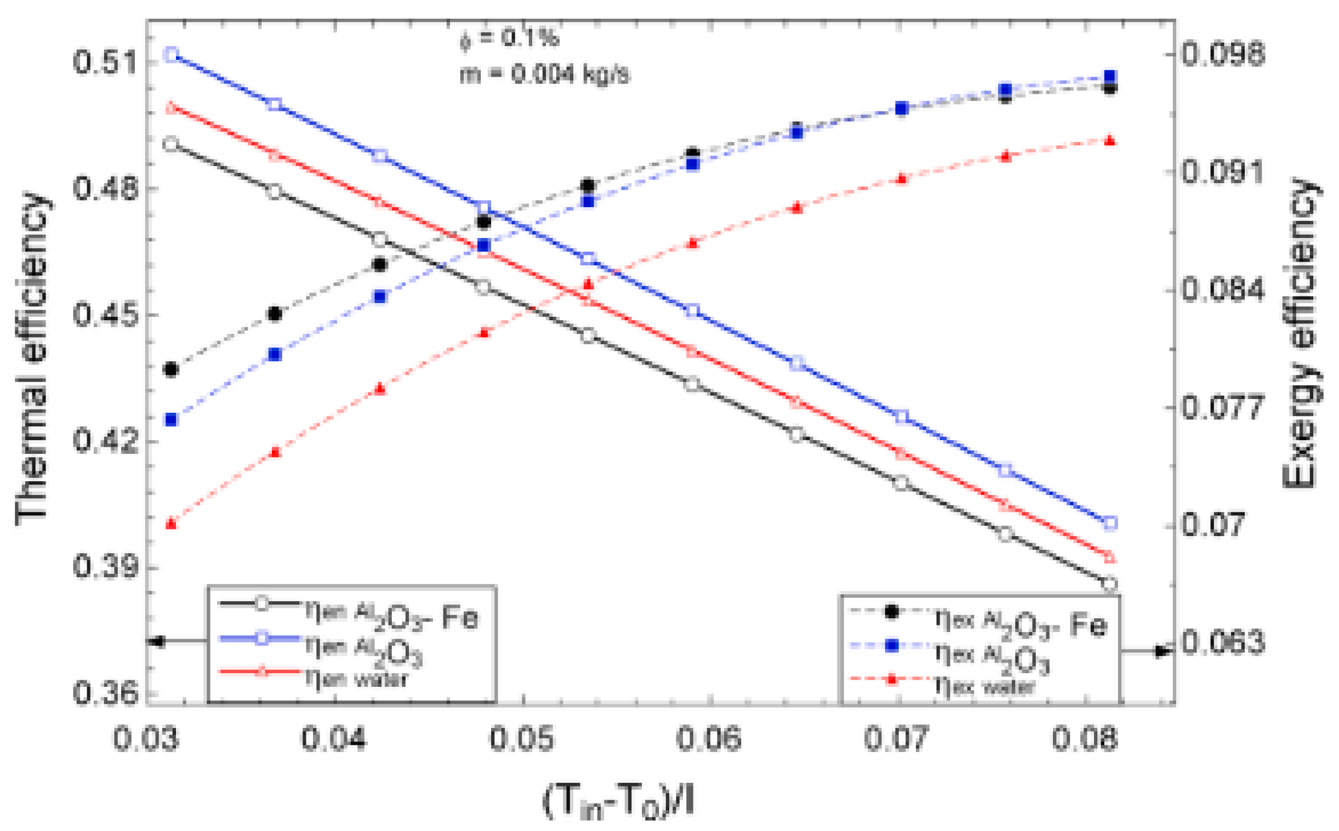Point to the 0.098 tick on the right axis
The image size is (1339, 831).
click(x=1223, y=54)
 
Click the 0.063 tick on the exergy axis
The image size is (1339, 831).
click(x=1223, y=642)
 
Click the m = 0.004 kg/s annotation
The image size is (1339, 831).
click(x=544, y=74)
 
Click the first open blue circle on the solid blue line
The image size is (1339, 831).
click(x=172, y=54)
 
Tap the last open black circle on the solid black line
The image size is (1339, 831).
click(x=1109, y=584)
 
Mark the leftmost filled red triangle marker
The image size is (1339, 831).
click(x=172, y=523)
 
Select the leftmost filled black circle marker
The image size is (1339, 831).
click(x=172, y=369)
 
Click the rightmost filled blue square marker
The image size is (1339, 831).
click(x=1109, y=76)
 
